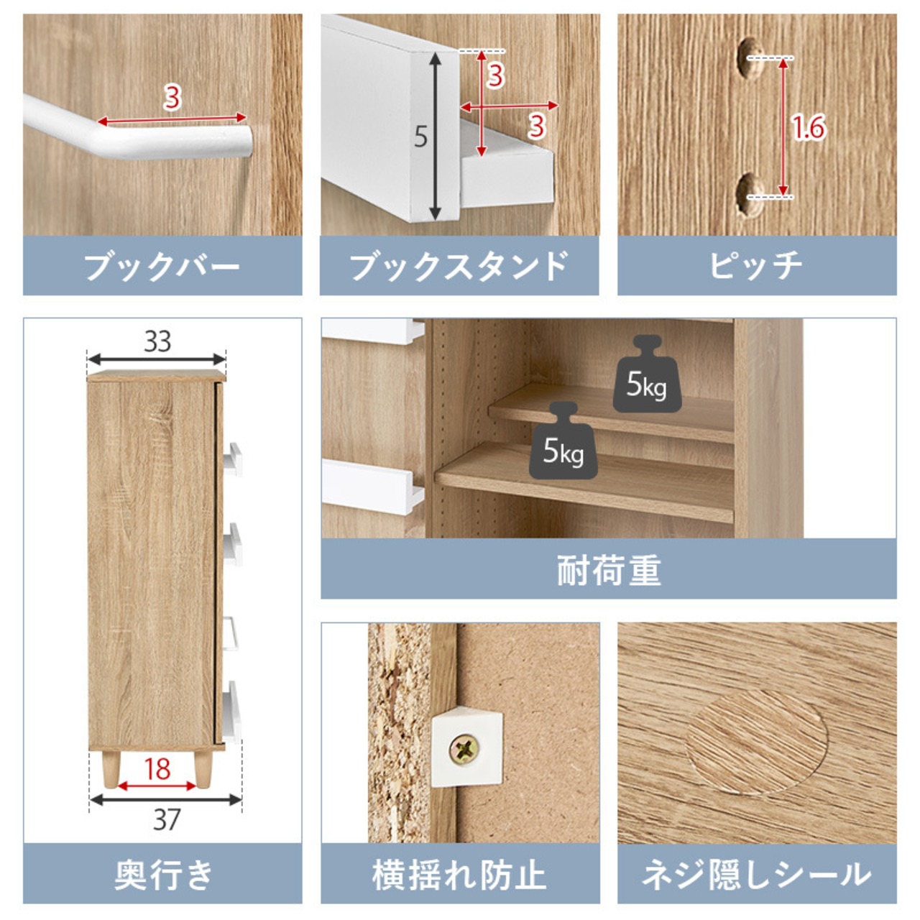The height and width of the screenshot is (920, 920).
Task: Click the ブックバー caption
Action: click(x=162, y=266)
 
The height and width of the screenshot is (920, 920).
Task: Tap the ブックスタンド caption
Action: click(x=459, y=266)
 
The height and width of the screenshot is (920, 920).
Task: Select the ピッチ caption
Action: click(x=757, y=266)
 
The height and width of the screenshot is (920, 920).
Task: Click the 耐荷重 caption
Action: click(x=609, y=570)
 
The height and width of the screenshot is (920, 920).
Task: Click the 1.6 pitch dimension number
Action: click(x=809, y=128)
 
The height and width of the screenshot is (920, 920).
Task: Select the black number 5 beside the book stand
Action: click(x=420, y=137)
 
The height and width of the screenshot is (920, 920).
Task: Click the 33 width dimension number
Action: click(x=157, y=342)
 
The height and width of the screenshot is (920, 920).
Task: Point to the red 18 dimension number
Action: click(x=157, y=769)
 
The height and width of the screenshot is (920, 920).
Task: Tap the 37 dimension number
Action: click(x=167, y=820)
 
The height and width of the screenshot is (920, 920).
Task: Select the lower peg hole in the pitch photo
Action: click(x=749, y=195)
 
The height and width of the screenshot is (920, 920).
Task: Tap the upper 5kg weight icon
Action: click(x=647, y=374)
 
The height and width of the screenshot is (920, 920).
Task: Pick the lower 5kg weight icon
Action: click(x=563, y=441)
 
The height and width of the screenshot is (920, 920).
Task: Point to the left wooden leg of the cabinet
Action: click(x=111, y=768)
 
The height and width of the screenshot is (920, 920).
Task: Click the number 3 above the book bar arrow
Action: click(x=172, y=98)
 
